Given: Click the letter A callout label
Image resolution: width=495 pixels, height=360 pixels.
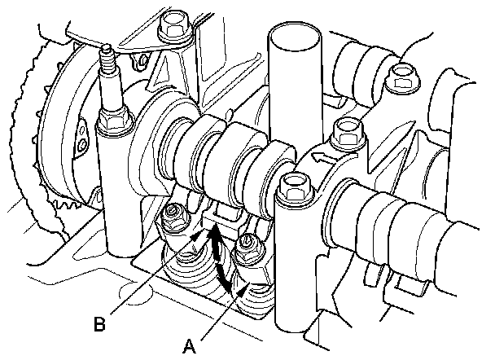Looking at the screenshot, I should [190, 345].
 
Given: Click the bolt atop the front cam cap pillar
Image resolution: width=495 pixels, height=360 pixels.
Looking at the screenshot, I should [290, 187].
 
